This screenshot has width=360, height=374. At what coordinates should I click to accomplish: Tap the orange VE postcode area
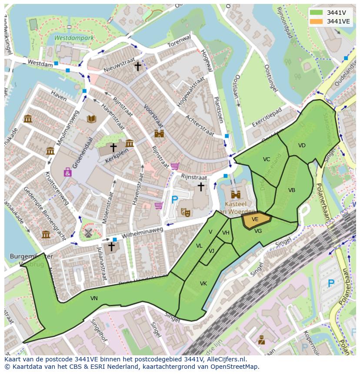tap(255, 220)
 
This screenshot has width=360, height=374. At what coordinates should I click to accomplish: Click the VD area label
tap(302, 146)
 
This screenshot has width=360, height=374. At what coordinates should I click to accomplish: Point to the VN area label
tap(94, 298)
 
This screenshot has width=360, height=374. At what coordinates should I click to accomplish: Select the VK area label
tap(203, 284)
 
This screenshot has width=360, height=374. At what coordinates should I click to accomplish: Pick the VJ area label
tap(211, 251)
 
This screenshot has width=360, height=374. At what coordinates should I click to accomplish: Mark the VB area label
tap(291, 190)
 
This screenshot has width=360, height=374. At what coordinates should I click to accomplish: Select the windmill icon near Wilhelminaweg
tap(89, 233)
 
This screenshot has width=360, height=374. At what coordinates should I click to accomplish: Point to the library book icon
tap(91, 119)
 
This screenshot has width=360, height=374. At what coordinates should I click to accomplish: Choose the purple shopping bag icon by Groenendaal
tap(68, 172)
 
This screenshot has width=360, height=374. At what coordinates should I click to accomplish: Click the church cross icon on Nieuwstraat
tap(138, 66)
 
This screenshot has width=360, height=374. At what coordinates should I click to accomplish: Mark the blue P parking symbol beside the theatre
tap(175, 200)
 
